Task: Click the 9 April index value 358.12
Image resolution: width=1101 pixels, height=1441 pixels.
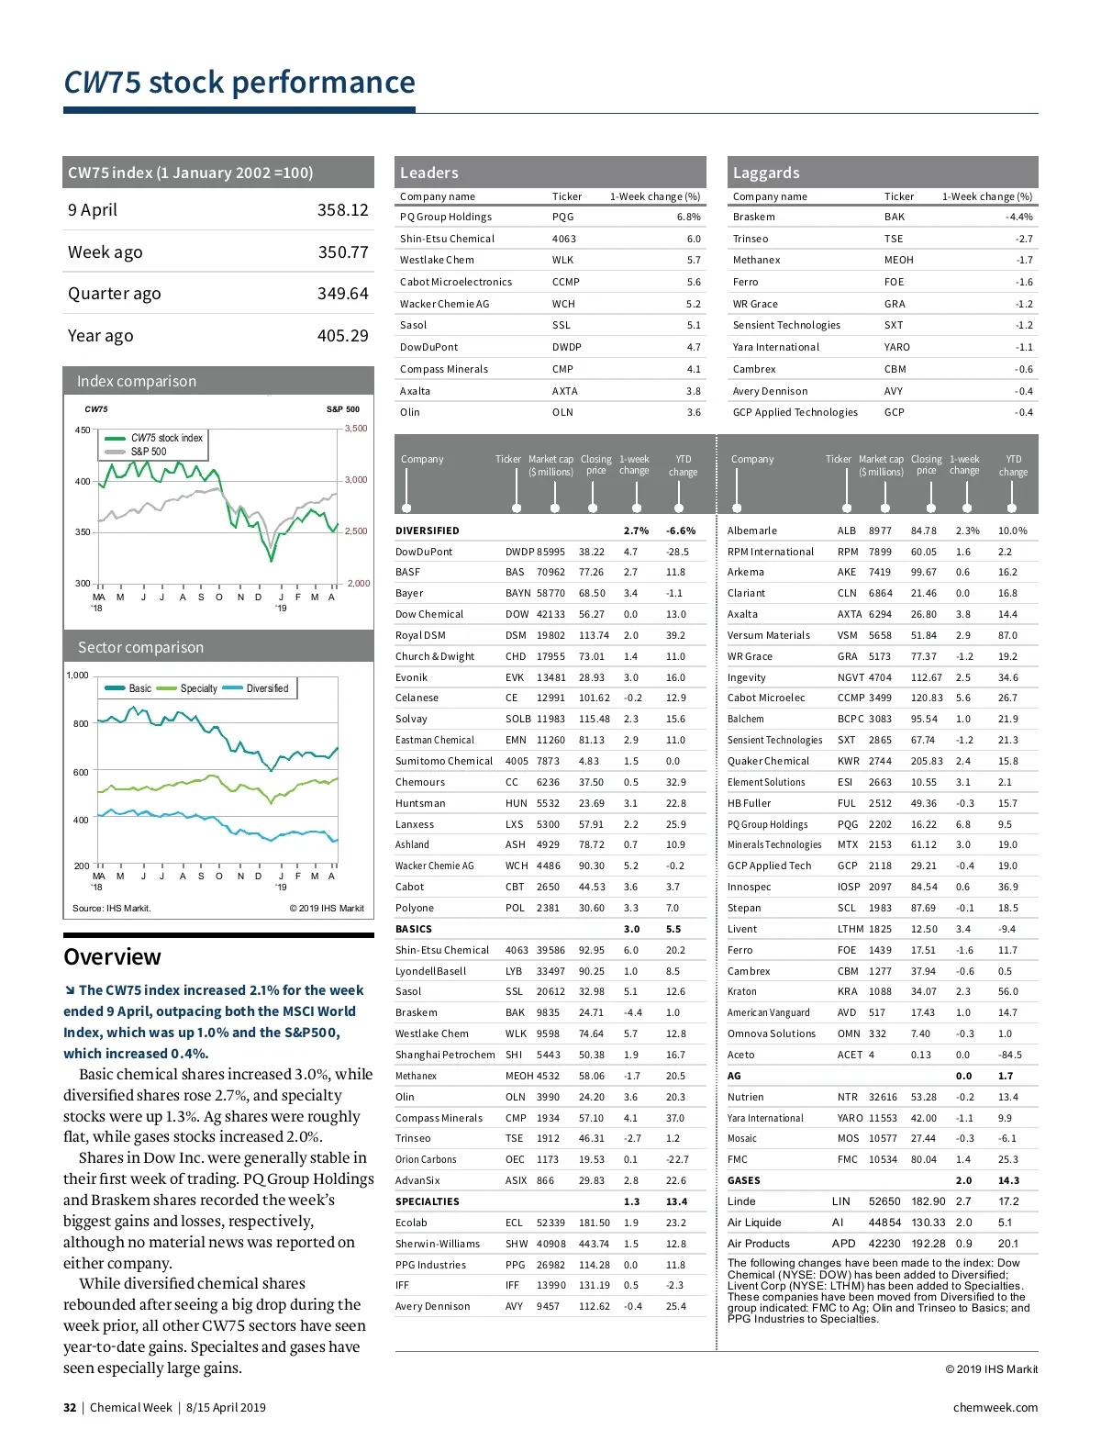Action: (342, 210)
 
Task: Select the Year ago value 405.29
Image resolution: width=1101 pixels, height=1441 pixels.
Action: (342, 336)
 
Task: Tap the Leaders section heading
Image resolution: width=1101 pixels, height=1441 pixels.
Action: (428, 173)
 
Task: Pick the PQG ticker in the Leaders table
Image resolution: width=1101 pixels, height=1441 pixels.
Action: (562, 218)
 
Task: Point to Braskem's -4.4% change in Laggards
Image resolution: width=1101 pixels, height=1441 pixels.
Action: (1018, 218)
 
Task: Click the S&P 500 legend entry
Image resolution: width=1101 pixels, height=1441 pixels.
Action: (148, 452)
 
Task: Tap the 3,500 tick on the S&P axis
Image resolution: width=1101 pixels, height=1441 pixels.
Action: (356, 429)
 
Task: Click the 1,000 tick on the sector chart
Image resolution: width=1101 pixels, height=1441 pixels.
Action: (78, 676)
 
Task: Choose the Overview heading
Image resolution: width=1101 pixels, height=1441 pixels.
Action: (112, 957)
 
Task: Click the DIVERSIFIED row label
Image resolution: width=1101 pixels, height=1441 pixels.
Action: (427, 531)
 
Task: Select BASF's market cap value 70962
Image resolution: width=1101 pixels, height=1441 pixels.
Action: (550, 573)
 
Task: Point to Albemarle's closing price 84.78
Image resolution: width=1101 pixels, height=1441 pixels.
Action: (923, 531)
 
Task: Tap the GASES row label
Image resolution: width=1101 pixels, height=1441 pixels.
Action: (743, 1181)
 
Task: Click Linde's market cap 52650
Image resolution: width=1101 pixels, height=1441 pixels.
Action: (884, 1202)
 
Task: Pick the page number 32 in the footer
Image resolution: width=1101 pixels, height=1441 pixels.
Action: (70, 1408)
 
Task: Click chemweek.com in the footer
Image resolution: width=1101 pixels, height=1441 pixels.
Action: (995, 1408)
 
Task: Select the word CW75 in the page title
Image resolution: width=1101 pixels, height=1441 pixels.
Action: (102, 83)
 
